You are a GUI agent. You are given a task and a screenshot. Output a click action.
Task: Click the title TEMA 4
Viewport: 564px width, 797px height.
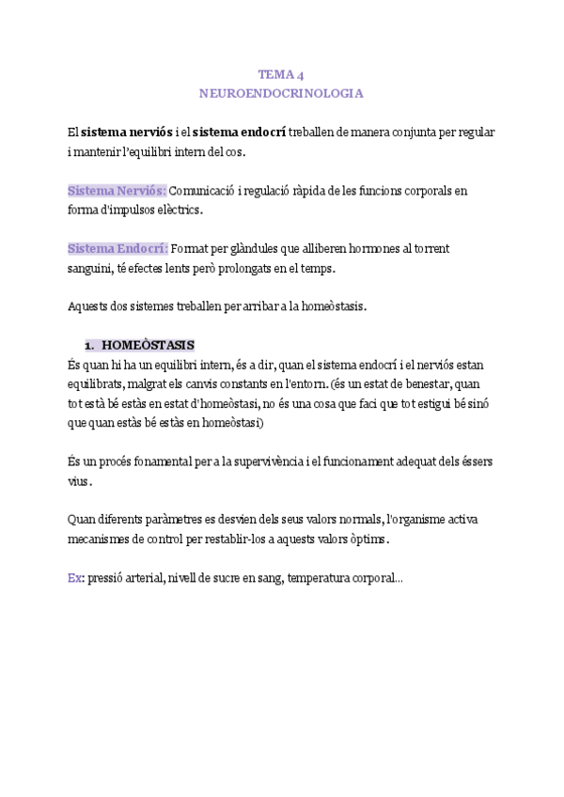pos(281,74)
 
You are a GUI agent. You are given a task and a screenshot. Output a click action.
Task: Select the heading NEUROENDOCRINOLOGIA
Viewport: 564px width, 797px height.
pos(281,94)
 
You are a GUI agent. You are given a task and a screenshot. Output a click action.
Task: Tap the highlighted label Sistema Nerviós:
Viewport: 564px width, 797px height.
pos(117,191)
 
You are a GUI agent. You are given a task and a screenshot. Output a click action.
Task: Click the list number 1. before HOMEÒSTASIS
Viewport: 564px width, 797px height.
pos(90,344)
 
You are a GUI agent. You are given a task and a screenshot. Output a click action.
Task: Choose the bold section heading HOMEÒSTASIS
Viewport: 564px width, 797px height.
pos(148,344)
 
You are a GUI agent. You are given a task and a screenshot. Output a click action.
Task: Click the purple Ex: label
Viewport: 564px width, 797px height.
pos(75,579)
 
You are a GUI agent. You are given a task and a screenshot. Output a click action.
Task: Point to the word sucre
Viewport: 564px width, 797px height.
pos(196,579)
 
